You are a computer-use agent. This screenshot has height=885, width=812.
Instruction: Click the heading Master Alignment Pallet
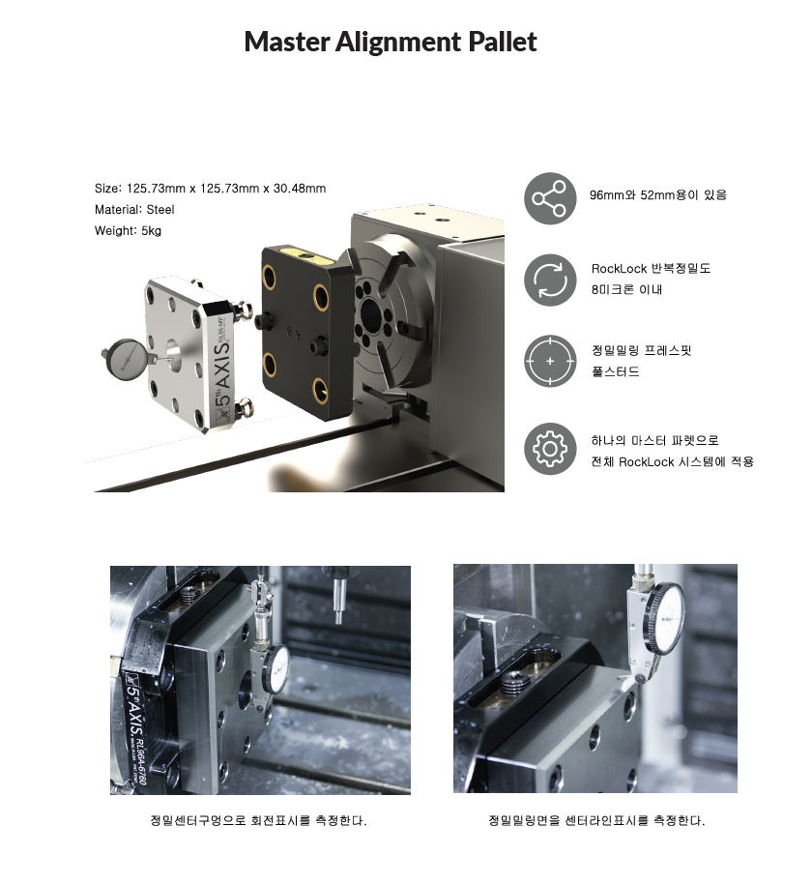click(x=391, y=42)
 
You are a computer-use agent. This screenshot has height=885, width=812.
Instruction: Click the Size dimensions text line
click(x=210, y=189)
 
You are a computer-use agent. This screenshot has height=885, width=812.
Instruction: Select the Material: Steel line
click(x=134, y=209)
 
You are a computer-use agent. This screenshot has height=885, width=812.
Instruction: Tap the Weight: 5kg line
click(x=128, y=231)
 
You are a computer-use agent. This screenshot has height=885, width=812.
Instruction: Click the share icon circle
click(x=550, y=198)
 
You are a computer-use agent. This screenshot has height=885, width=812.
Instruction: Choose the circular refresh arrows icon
click(x=550, y=280)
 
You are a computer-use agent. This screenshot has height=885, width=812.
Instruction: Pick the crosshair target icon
click(x=550, y=361)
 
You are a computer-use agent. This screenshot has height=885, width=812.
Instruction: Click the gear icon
click(x=550, y=449)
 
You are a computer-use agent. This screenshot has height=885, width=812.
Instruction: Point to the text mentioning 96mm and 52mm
click(x=658, y=195)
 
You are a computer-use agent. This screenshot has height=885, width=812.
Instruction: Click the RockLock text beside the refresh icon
click(x=651, y=279)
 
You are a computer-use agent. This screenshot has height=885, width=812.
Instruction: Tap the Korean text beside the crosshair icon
click(x=641, y=361)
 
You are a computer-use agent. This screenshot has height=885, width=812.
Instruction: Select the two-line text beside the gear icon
click(x=672, y=451)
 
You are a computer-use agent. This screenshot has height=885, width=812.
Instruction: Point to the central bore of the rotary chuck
click(x=371, y=312)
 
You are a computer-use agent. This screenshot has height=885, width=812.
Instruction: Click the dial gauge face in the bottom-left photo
click(x=277, y=669)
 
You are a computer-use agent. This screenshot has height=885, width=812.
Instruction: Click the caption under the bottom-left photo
click(x=258, y=820)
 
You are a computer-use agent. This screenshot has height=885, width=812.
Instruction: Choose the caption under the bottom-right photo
click(x=596, y=820)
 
